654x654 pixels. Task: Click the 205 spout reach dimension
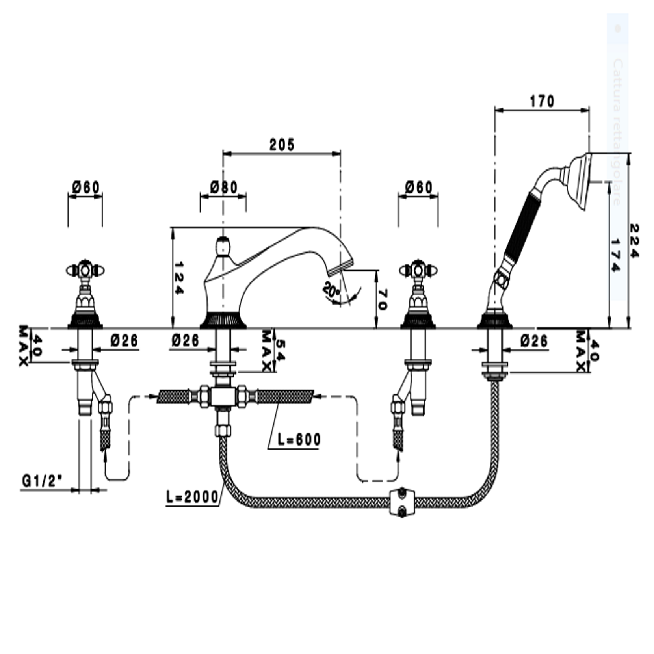282,145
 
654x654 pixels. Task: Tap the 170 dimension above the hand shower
542,101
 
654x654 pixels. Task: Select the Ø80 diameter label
224,187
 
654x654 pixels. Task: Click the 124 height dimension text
179,278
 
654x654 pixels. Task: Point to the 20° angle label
331,290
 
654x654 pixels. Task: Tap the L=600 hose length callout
299,439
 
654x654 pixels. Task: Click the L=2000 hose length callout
192,497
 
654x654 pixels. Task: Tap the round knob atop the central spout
223,246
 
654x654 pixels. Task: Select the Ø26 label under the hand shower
534,341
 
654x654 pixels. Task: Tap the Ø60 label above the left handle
86,187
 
